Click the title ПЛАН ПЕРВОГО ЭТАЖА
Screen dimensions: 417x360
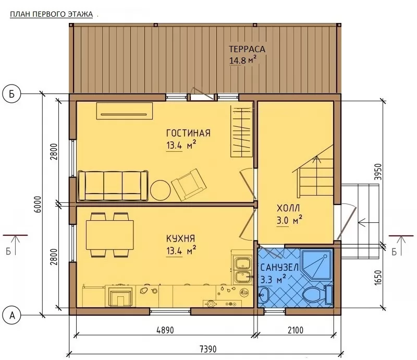click(x=51, y=14)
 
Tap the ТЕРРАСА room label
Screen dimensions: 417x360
click(x=247, y=49)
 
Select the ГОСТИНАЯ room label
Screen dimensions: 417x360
click(x=188, y=133)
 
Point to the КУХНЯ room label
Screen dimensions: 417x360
click(x=180, y=238)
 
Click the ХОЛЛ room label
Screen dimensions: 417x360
click(x=288, y=208)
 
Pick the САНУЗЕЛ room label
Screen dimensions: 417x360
click(x=279, y=267)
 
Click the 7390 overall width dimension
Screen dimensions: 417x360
click(x=207, y=349)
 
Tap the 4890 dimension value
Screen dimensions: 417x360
click(x=165, y=330)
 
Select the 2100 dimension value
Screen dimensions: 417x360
click(x=295, y=330)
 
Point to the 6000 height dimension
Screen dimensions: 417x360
click(x=38, y=204)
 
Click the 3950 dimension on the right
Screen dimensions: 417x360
click(x=377, y=172)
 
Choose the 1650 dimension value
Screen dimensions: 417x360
click(x=377, y=278)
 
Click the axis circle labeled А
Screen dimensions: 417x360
click(x=12, y=315)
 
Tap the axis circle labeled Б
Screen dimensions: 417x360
click(x=11, y=94)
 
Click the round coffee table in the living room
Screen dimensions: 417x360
click(x=161, y=190)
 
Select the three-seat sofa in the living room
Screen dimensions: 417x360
click(x=113, y=186)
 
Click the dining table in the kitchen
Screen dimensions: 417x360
click(x=110, y=235)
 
